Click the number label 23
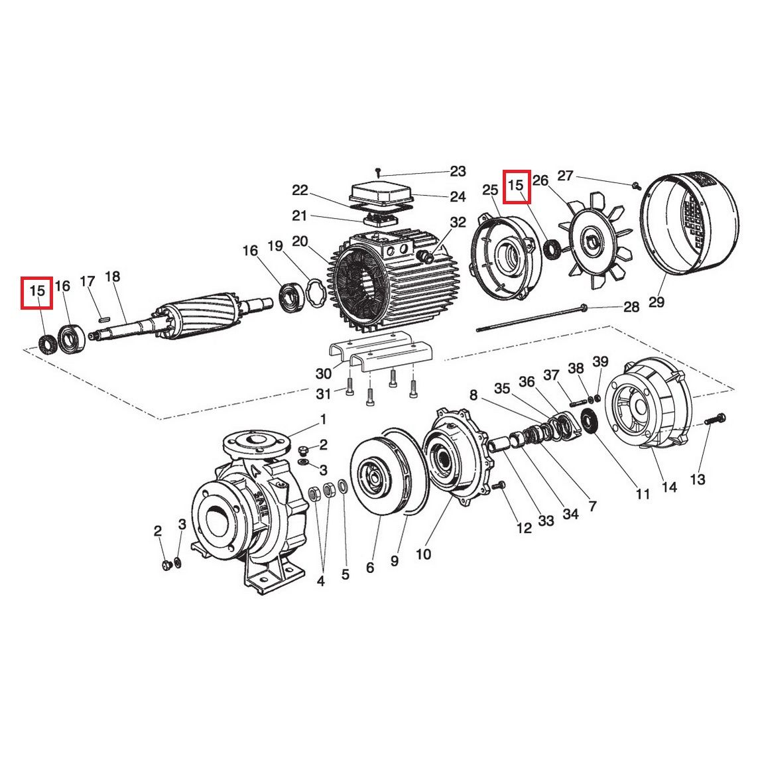tap(458, 172)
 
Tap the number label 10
tap(422, 554)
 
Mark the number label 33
tap(546, 521)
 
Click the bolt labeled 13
tap(714, 419)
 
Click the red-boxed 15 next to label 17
tap(37, 292)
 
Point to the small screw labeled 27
tap(635, 184)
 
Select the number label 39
tap(600, 361)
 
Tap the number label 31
tap(323, 394)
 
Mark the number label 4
tap(321, 581)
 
